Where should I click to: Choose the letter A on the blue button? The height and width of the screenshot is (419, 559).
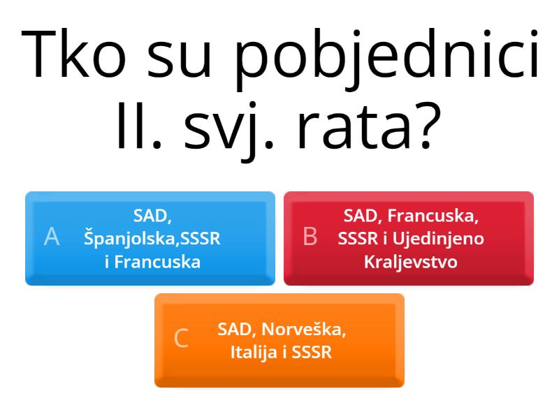(x=51, y=237)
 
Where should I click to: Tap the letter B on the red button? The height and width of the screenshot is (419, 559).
(x=310, y=237)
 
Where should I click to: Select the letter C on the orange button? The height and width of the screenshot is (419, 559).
(x=181, y=339)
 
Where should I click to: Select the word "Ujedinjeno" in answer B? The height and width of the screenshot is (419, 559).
(x=440, y=238)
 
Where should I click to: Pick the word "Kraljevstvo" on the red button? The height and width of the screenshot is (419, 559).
(x=410, y=262)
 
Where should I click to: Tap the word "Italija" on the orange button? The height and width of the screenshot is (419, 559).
(x=255, y=352)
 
